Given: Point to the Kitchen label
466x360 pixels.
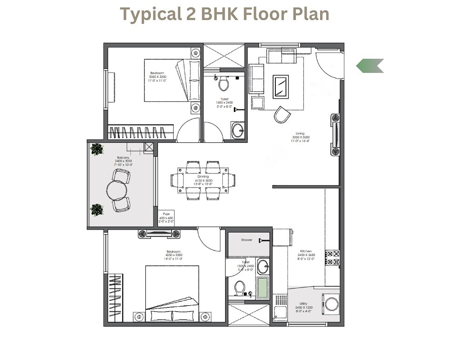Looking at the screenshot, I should (x=306, y=251).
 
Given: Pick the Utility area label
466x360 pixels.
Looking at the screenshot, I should (x=303, y=304).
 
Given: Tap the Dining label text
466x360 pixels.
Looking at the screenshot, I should (x=203, y=177).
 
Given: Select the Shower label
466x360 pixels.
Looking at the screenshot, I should (x=247, y=240).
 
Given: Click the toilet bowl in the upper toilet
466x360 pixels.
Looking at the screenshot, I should (x=224, y=84).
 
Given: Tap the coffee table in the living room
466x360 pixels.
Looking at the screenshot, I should (x=281, y=87).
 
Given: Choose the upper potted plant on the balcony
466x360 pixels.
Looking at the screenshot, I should (x=97, y=149).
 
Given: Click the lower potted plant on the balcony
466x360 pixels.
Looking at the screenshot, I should (x=97, y=210).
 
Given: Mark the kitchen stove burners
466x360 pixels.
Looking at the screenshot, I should (x=333, y=258).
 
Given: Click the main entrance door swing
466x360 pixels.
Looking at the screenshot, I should (x=330, y=65).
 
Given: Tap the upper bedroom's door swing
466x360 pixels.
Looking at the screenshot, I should (x=188, y=130).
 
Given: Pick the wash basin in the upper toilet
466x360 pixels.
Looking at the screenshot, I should (x=238, y=130).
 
